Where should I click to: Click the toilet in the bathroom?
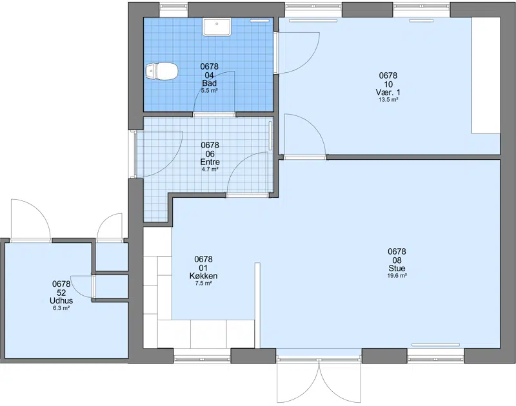click(162, 71)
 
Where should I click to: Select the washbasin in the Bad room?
click(217, 27)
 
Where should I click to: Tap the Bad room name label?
click(209, 83)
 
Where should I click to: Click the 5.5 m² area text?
click(209, 91)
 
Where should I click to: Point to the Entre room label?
click(210, 162)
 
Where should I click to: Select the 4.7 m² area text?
click(210, 169)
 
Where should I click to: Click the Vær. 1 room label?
click(388, 92)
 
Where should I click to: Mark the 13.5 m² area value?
click(388, 100)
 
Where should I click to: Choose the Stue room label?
click(397, 268)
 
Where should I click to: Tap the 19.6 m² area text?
click(397, 276)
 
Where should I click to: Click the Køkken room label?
click(203, 276)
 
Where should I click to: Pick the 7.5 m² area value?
click(203, 284)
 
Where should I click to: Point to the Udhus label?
click(61, 300)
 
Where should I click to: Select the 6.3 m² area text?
click(61, 308)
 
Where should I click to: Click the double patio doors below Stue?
click(319, 380)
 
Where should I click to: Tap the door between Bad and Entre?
click(214, 93)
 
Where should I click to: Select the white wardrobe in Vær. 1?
click(486, 75)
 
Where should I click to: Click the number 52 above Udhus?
click(61, 293)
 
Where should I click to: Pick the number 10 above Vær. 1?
click(388, 84)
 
